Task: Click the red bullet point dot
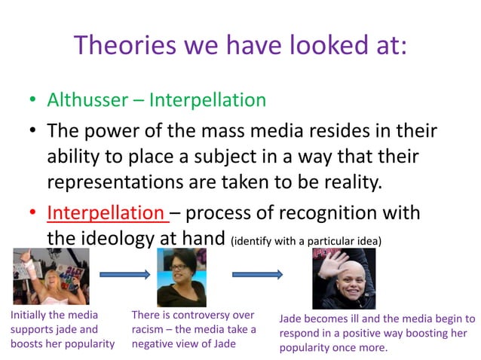click(x=33, y=213)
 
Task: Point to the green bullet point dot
click(x=33, y=101)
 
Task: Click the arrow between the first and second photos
click(x=124, y=276)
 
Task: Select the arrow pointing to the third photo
click(x=257, y=276)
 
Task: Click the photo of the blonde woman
click(x=51, y=276)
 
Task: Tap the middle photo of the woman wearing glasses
click(x=182, y=277)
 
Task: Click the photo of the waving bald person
click(x=344, y=279)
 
